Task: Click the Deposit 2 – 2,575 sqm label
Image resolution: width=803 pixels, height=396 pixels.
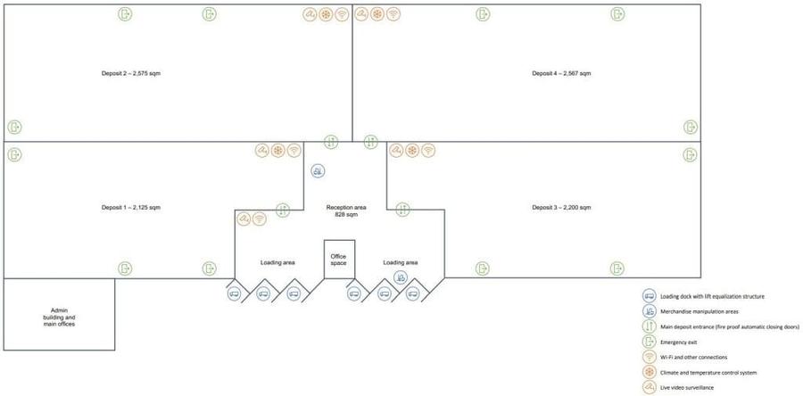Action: [132, 73]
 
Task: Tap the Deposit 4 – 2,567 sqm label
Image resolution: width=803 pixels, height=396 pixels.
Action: [561, 73]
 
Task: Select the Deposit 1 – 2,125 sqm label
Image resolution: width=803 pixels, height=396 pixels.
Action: [131, 208]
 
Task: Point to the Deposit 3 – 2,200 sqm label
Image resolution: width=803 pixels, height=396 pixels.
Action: [561, 208]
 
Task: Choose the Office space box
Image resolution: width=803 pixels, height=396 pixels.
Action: [340, 260]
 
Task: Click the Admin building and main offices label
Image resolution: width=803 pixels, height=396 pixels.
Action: [60, 318]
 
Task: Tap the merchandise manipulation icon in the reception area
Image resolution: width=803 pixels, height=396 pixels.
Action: [318, 171]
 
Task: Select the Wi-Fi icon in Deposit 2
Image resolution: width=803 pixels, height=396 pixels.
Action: [342, 15]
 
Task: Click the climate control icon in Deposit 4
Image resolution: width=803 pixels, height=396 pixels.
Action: [377, 14]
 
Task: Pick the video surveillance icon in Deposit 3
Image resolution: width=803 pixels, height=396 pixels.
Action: [396, 151]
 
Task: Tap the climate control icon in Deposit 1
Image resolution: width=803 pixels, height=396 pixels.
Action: [277, 151]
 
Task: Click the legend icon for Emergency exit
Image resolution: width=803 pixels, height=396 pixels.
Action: [650, 342]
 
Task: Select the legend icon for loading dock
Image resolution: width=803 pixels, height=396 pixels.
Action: [650, 296]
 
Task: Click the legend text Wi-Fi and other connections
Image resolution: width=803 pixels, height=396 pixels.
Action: [693, 357]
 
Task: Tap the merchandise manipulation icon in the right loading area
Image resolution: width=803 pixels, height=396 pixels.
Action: [401, 277]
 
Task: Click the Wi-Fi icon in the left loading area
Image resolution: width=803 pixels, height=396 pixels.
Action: [260, 219]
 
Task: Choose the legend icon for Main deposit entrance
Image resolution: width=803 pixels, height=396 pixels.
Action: [650, 326]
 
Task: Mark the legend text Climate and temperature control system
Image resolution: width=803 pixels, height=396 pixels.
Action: [701, 372]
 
